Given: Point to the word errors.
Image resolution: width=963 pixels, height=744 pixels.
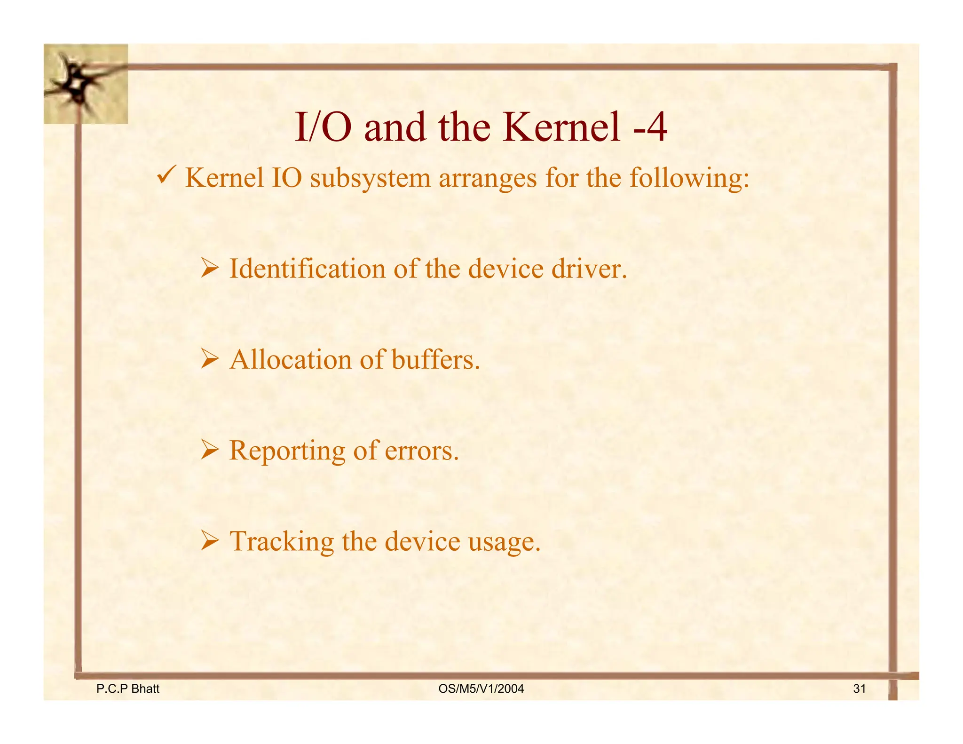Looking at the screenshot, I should click(x=421, y=451).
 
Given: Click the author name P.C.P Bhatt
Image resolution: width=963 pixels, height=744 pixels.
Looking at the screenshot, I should click(x=127, y=689).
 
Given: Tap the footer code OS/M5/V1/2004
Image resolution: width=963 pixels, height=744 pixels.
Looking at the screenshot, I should click(x=481, y=689).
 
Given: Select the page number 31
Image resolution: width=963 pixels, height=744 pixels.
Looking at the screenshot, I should click(x=859, y=689).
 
